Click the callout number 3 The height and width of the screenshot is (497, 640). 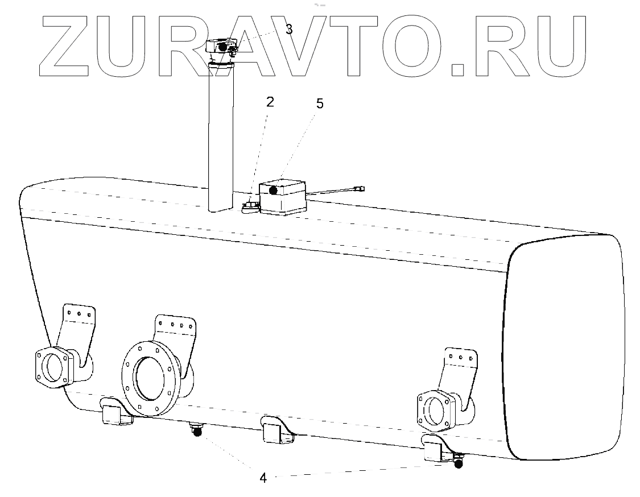[x=289, y=30]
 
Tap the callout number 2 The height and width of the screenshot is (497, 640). [x=270, y=102]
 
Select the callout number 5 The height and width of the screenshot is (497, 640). [x=320, y=105]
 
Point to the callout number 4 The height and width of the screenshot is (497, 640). [x=263, y=478]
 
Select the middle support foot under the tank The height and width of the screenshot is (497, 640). [x=276, y=430]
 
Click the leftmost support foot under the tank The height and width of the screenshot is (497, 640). [x=115, y=414]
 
